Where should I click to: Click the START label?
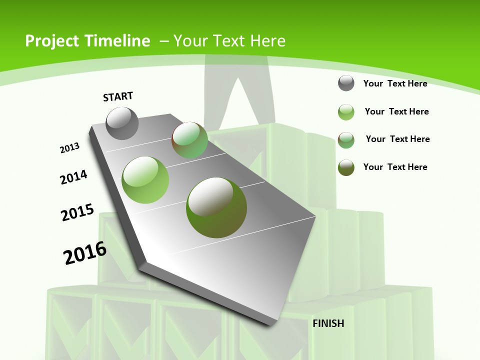118,96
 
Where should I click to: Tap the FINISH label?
328,323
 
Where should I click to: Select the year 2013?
69,148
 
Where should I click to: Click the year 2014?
73,177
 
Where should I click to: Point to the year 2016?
85,253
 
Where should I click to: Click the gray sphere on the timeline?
122,123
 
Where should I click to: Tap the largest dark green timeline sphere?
216,207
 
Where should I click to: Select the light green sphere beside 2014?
145,179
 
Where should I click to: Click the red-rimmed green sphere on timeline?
190,140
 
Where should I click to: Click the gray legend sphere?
346,83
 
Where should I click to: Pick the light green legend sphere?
346,112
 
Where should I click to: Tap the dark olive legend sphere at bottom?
346,167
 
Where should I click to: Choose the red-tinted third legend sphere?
346,139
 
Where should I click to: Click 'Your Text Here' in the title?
229,41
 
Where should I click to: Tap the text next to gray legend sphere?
395,83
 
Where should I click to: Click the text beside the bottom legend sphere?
395,167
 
